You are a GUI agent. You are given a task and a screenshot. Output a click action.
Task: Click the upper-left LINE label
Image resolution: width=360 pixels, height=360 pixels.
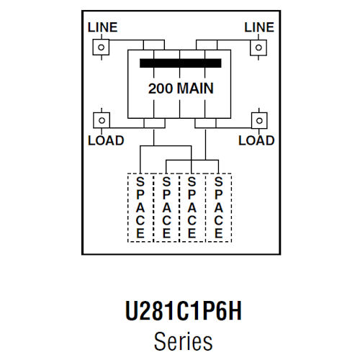102,27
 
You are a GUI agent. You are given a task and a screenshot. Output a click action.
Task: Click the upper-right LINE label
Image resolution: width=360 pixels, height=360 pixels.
259,27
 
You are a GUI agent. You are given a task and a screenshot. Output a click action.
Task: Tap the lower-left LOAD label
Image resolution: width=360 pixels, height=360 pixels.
105,140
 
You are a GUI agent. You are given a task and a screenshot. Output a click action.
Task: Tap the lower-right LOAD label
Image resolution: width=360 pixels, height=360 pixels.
256,140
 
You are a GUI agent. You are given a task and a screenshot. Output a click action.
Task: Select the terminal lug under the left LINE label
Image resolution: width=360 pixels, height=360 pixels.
102,47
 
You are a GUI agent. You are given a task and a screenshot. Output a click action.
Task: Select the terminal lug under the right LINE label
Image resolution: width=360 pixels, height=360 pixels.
258,47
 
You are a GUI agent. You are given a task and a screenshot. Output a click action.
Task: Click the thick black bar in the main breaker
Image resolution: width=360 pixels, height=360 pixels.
180,63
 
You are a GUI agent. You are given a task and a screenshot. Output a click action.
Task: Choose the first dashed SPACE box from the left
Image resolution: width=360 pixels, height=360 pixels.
140,207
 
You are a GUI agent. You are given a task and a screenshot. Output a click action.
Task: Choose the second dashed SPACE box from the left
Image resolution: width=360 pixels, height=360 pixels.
166,207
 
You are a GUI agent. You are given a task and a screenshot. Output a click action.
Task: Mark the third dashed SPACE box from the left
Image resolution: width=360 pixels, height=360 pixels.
192,207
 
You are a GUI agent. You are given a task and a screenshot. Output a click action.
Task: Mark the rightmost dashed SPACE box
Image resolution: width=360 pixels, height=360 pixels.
218,207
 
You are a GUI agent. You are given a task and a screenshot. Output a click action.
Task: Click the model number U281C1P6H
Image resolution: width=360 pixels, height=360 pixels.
180,314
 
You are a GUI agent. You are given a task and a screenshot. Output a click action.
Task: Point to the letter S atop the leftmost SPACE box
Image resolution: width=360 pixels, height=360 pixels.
140,182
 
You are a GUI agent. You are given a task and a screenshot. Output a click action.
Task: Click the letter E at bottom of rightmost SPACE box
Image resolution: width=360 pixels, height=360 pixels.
218,233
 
